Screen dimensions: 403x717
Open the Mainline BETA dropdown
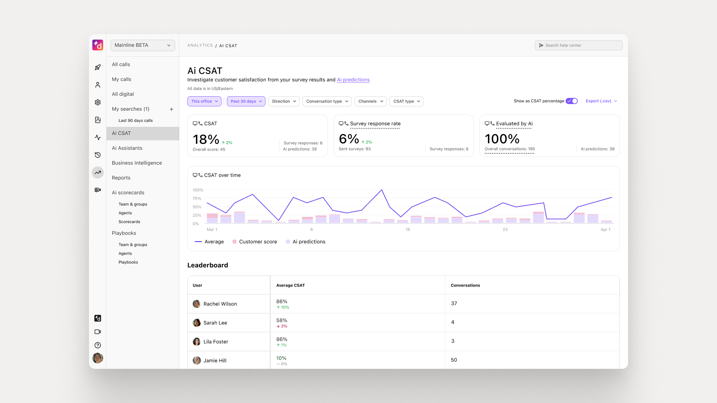pos(142,45)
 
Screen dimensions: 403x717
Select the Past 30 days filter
pos(246,101)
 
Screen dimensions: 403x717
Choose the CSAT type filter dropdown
pos(406,101)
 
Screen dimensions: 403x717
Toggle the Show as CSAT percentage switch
pos(571,101)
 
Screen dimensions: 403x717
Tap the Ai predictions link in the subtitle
pos(353,80)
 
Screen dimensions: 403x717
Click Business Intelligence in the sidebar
pos(137,163)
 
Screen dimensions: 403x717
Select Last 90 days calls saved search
pos(135,121)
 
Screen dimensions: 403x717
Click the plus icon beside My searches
pos(171,109)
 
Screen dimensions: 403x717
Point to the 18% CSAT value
pos(206,140)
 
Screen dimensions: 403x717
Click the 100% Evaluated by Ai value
pos(502,139)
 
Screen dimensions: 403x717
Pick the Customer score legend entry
pos(257,242)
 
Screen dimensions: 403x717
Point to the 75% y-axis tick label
pos(197,198)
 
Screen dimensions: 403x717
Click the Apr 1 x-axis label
pos(605,230)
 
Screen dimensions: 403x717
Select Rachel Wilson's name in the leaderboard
pos(220,304)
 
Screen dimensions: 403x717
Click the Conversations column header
pos(465,286)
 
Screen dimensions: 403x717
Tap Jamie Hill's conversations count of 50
pos(454,360)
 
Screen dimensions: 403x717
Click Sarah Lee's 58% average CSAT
pos(282,321)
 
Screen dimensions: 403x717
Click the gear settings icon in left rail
pos(97,103)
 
